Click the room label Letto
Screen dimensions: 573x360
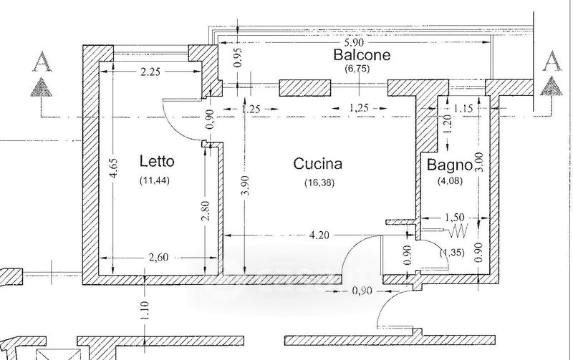point(157,161)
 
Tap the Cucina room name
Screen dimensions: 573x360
point(318,164)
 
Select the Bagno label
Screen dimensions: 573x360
point(450,165)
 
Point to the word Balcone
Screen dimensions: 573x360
point(362,55)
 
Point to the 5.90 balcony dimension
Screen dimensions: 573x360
point(354,43)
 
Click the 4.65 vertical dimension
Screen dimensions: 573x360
point(114,167)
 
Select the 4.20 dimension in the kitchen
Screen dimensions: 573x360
point(319,235)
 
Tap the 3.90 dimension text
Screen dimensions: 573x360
point(246,185)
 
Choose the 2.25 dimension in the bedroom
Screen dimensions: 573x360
point(150,72)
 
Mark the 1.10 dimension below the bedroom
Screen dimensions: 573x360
point(145,310)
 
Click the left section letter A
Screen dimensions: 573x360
point(42,62)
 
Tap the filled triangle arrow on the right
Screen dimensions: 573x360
point(551,87)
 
